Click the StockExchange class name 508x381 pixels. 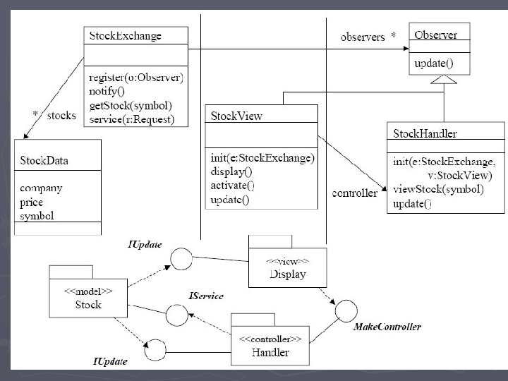tap(125, 35)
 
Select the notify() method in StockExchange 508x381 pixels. tap(107, 91)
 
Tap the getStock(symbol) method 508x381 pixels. tap(131, 106)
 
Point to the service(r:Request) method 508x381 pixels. tap(131, 119)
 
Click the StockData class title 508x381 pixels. tap(44, 160)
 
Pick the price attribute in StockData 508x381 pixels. tap(31, 202)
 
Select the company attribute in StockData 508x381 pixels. tap(41, 188)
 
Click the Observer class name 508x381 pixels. tap(436, 35)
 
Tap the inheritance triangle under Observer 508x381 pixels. tap(444, 80)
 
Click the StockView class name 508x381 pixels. tap(236, 116)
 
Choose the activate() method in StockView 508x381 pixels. tap(232, 186)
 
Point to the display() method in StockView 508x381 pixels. tap(231, 171)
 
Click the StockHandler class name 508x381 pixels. tap(425, 133)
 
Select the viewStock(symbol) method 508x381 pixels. tap(438, 189)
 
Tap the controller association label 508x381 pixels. tap(354, 193)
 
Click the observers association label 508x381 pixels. tap(363, 37)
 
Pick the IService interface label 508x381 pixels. tap(206, 296)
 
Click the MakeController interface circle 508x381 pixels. tap(346, 311)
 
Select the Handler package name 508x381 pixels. tap(270, 352)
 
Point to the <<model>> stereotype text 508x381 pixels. tap(88, 291)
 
